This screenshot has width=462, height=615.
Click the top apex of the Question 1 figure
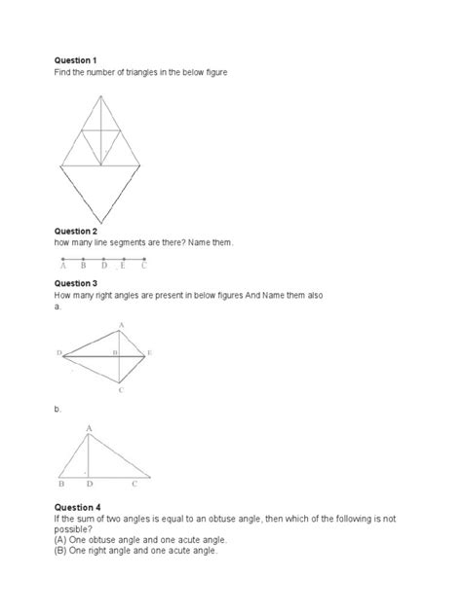[x=98, y=95]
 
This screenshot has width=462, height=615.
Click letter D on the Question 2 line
[x=103, y=265]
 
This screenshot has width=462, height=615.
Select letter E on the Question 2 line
[x=124, y=265]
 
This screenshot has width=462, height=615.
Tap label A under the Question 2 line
[x=63, y=265]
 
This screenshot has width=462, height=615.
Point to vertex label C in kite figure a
[x=120, y=390]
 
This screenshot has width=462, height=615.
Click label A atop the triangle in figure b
[x=90, y=427]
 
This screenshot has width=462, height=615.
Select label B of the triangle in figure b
[x=61, y=483]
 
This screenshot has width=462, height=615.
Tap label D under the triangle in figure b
[x=90, y=483]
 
